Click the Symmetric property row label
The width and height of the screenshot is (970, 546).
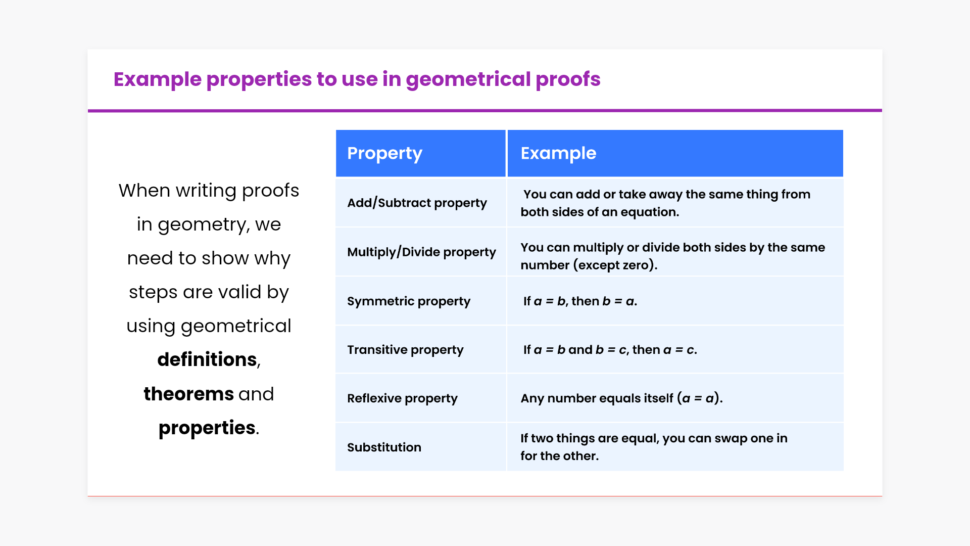click(409, 301)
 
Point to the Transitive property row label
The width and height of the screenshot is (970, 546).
click(405, 350)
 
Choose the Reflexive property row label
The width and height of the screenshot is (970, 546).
click(402, 398)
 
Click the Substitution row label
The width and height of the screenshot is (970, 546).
click(384, 447)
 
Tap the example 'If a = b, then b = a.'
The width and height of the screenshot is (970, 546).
click(580, 301)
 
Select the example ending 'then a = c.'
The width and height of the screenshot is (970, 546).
click(610, 350)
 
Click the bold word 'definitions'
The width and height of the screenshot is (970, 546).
click(207, 359)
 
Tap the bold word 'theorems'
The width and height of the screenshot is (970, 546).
click(188, 394)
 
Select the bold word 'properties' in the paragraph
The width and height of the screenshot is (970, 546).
click(207, 428)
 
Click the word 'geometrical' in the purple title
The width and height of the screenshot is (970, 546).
click(468, 80)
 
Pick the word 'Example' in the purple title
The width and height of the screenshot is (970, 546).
click(158, 80)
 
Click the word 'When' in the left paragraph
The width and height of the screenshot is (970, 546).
click(144, 191)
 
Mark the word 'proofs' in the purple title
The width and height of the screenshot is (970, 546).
click(568, 80)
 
